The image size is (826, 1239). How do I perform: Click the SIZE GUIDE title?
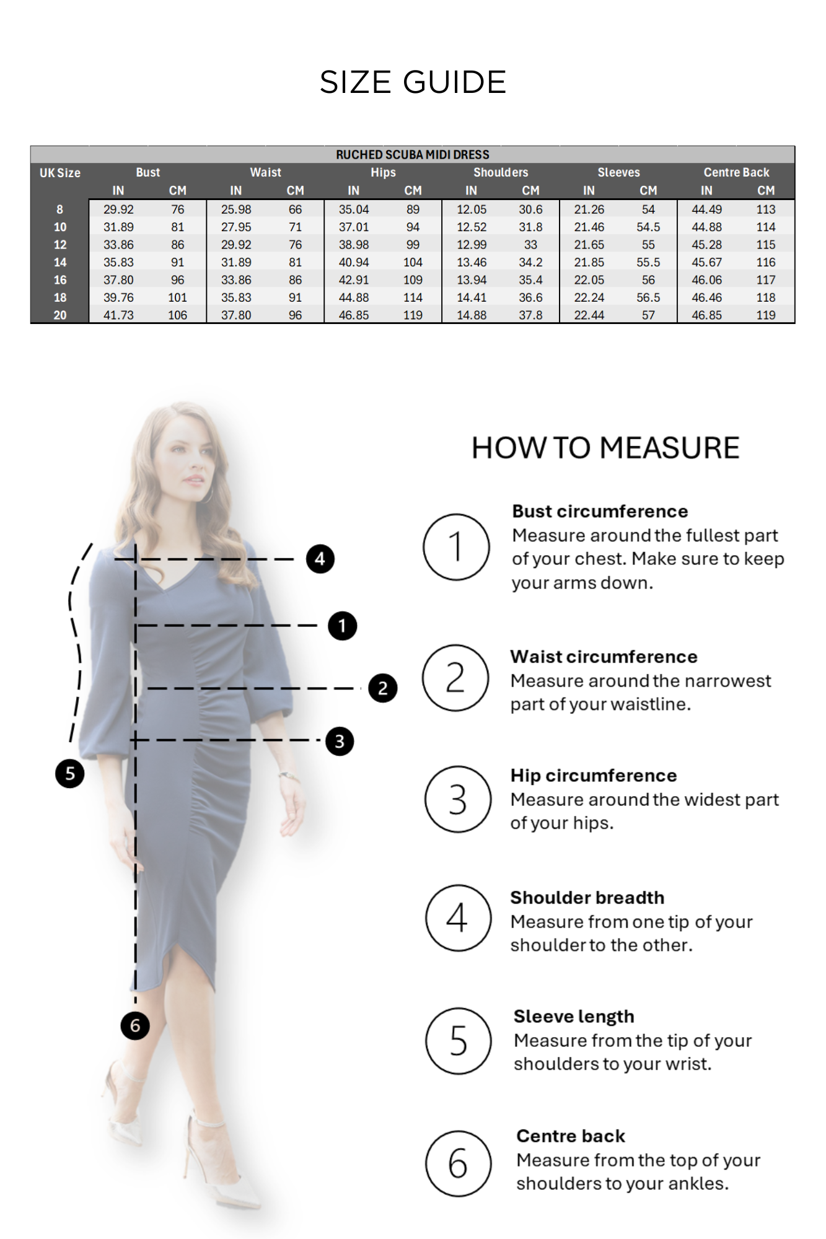(413, 82)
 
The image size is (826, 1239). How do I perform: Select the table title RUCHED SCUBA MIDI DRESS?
(413, 155)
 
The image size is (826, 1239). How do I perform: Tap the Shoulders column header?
(501, 172)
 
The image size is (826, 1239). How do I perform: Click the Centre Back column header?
(736, 172)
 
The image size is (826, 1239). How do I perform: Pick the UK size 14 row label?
(60, 262)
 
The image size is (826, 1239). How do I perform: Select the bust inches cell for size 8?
(118, 209)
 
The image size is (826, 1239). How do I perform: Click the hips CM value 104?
(413, 262)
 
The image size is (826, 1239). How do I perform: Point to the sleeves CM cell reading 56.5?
(648, 297)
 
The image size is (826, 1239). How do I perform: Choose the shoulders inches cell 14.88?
(472, 315)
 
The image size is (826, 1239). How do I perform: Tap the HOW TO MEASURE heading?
(605, 448)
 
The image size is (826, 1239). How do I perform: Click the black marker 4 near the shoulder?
(320, 559)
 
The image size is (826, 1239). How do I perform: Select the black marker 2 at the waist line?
(382, 688)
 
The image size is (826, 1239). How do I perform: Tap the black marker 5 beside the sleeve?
(70, 773)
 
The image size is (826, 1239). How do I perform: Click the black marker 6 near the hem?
(135, 1026)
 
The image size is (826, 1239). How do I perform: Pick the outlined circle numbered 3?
(457, 799)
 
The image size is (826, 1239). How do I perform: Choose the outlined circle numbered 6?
(458, 1163)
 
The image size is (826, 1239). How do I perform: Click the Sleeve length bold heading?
(574, 1017)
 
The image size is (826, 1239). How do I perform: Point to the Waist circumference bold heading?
(604, 657)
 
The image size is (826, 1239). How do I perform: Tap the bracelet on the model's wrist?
(288, 775)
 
